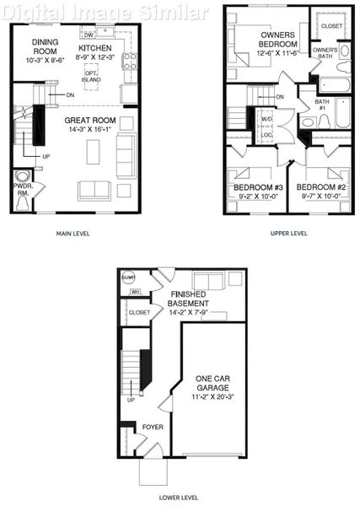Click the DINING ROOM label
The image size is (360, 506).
pos(44,46)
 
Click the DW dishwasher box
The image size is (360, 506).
pos(89,35)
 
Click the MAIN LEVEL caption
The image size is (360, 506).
pos(73,234)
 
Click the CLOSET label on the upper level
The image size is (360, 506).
pos(331,26)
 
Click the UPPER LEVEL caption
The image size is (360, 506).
pos(288,234)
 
